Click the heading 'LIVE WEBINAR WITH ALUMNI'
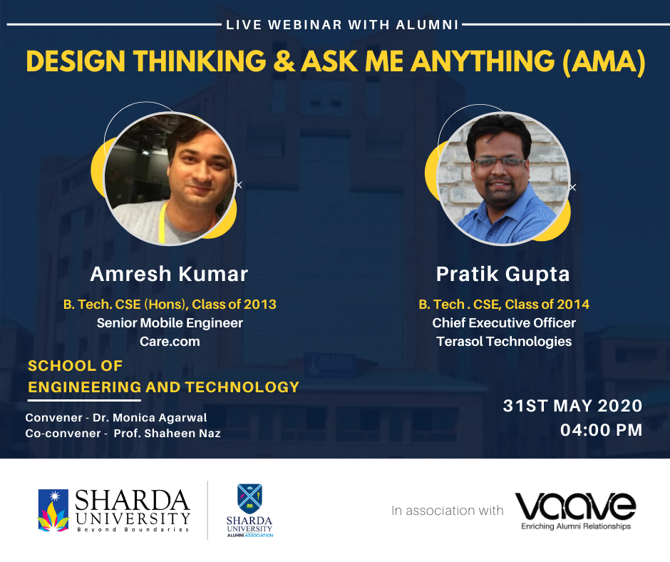342,25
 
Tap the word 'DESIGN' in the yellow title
76,61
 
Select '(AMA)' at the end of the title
603,62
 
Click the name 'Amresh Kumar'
169,274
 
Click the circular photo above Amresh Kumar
170,178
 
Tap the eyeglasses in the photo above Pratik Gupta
500,162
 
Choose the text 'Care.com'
170,342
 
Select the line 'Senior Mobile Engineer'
170,323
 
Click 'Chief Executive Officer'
504,323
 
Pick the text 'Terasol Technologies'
504,342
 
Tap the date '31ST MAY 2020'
572,406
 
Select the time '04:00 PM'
601,430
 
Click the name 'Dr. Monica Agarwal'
150,418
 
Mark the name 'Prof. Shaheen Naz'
167,433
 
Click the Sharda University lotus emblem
53,510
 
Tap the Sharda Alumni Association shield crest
249,499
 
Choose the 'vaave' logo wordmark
576,506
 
